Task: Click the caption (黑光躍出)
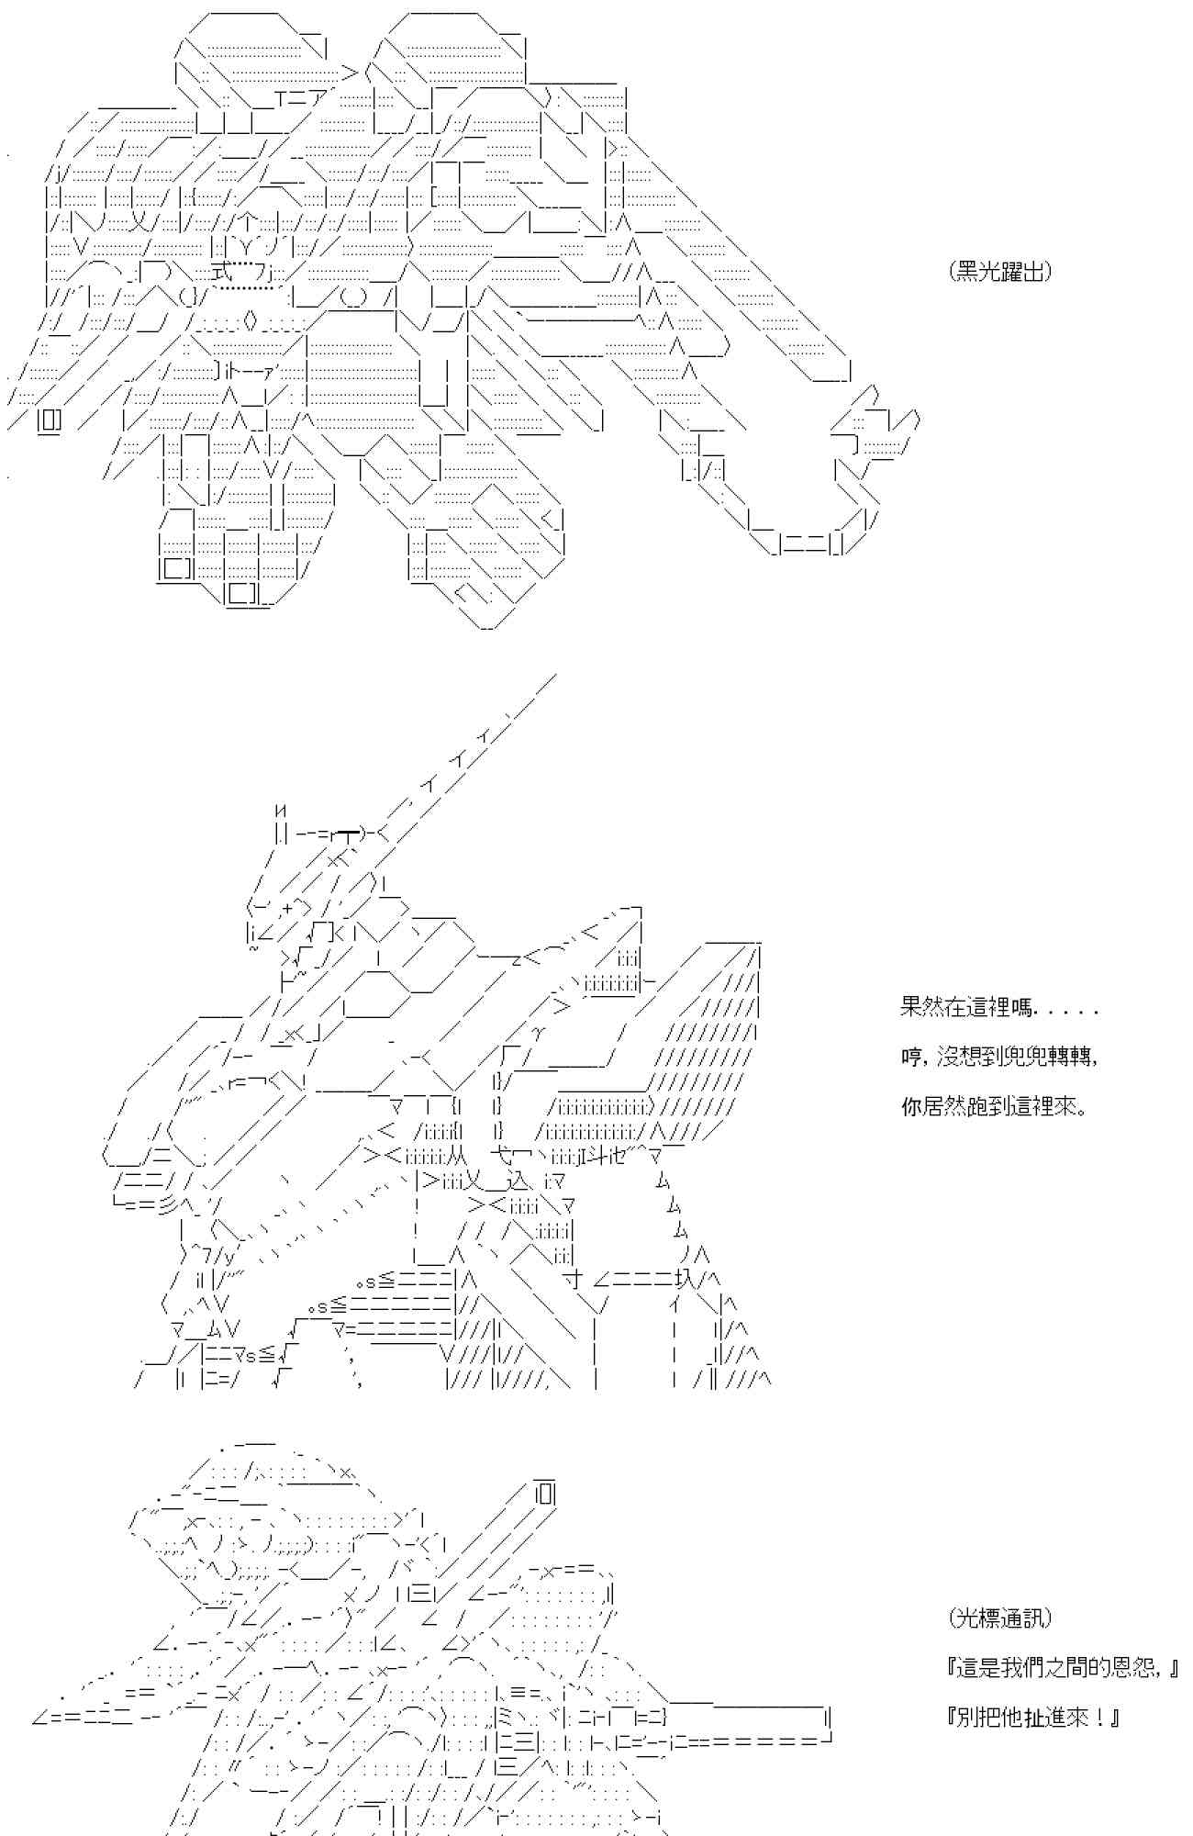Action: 1000,271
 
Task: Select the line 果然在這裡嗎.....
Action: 999,1007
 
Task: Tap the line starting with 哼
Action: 999,1057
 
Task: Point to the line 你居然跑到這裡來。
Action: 994,1106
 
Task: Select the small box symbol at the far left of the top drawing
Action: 50,421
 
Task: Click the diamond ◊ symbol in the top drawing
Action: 252,321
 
